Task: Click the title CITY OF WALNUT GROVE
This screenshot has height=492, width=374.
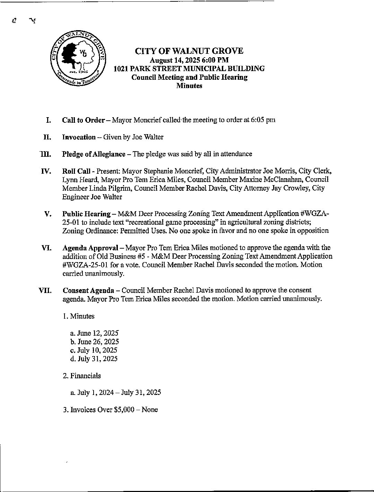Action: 189,51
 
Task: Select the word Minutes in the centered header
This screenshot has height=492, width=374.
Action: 189,86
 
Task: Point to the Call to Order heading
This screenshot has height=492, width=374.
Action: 83,120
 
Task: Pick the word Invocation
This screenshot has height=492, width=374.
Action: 79,137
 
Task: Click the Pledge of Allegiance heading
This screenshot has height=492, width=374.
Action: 94,154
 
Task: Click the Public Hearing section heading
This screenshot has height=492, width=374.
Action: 86,214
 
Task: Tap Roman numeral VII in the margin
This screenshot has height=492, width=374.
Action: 45,290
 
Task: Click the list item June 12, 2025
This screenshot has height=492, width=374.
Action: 94,333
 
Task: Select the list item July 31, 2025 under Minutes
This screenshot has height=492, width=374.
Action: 94,359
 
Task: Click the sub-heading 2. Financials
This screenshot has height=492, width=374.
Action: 82,376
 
